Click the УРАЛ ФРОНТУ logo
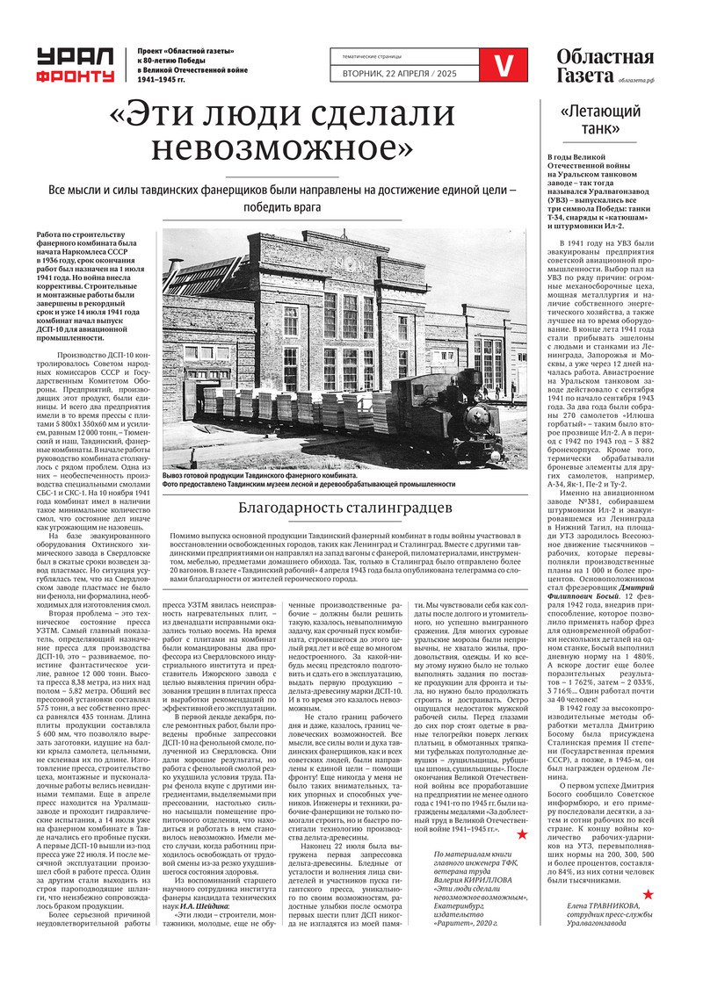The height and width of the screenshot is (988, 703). click(75, 66)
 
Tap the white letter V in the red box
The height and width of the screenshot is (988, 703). click(504, 65)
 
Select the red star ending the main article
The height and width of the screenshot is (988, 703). click(521, 833)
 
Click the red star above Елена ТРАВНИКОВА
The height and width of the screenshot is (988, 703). click(648, 894)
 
